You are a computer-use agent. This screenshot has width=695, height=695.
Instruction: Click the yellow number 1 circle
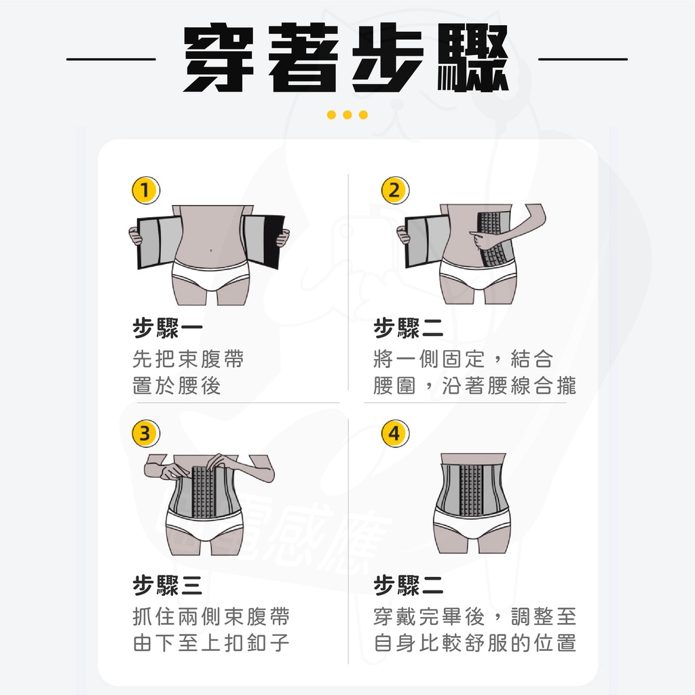point(146,191)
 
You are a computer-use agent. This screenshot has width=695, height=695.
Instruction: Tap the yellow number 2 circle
point(395,191)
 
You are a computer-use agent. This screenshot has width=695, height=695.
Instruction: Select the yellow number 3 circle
point(146,433)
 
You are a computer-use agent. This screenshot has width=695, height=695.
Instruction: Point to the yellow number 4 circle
point(395,433)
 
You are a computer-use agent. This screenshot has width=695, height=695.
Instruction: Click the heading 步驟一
point(168,328)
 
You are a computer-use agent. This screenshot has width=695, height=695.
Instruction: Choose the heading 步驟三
point(168,586)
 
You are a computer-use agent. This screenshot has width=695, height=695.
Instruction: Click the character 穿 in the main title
point(219,58)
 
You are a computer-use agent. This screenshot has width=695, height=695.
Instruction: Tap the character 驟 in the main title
point(473,58)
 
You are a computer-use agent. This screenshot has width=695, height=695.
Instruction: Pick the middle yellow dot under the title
point(347,115)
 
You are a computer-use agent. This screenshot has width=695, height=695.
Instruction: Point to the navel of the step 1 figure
point(211,250)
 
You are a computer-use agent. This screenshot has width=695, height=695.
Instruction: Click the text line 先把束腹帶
point(189,358)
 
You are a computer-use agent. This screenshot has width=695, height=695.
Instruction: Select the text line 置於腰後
point(177,386)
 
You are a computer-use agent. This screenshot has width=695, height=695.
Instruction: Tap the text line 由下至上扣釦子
point(212,643)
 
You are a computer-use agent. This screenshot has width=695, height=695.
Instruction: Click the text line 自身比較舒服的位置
point(474,643)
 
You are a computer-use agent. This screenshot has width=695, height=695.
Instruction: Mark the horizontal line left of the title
point(111,58)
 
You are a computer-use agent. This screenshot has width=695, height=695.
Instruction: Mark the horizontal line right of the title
point(583,58)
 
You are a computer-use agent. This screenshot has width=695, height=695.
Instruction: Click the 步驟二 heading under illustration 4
point(408,586)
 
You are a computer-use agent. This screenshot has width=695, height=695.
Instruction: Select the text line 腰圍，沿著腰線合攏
point(474,386)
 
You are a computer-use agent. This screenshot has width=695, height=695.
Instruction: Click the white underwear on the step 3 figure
point(204,525)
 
